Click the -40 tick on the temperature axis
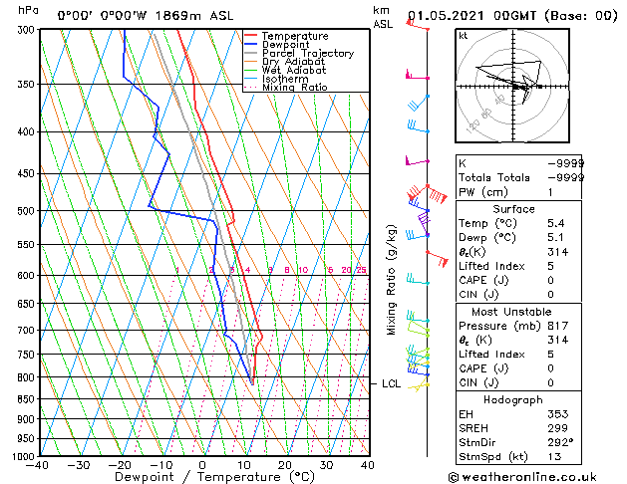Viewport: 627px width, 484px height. (x=38, y=465)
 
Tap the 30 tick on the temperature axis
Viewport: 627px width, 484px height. (x=326, y=465)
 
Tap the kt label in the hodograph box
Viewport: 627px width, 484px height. (x=464, y=36)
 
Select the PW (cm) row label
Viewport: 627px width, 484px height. (x=483, y=191)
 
